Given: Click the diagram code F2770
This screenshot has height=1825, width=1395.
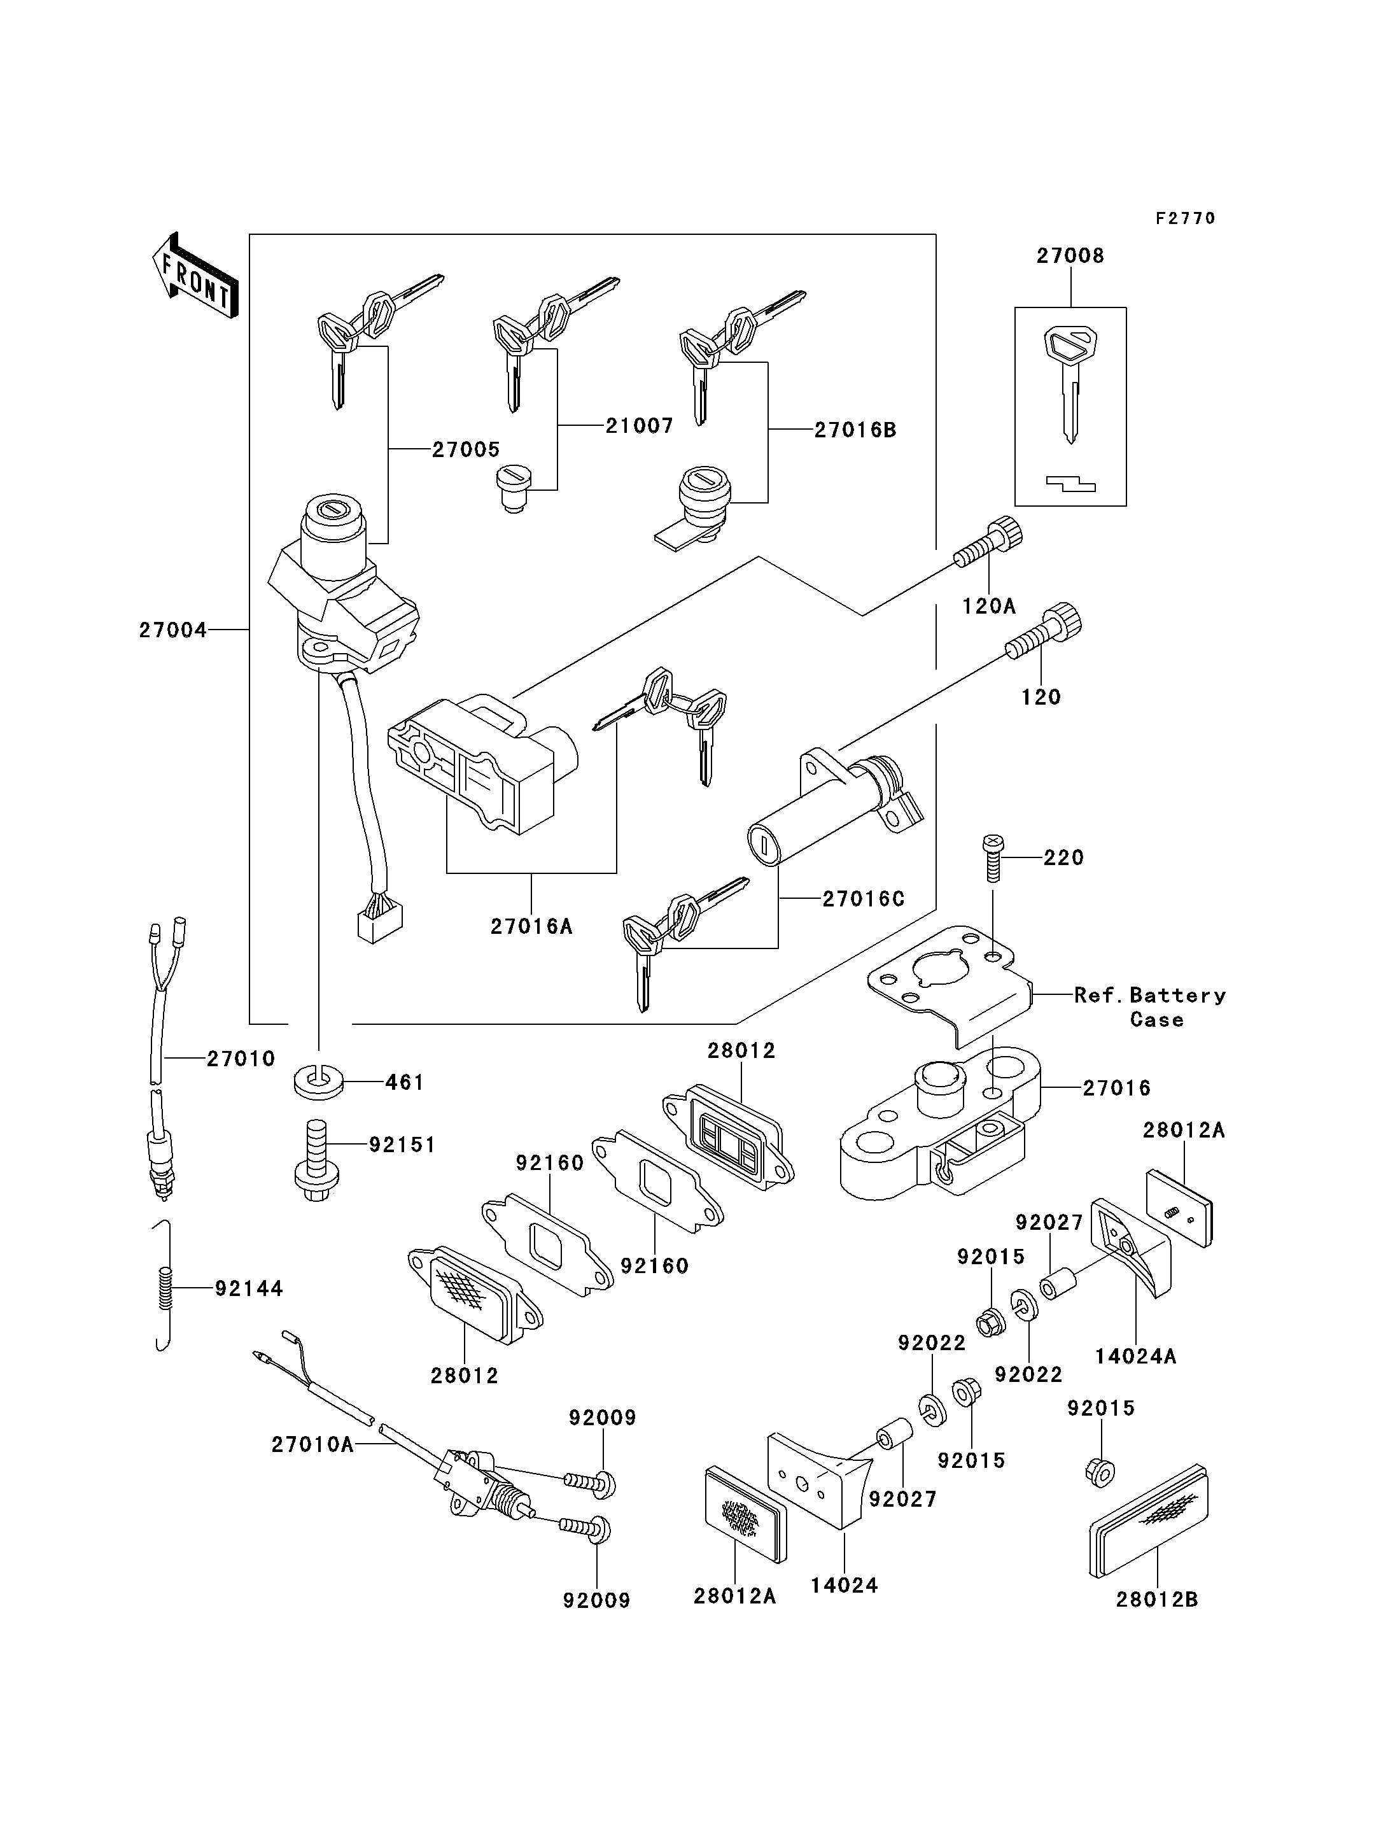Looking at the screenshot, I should click(x=1185, y=218).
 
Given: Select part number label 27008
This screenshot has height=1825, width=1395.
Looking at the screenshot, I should click(x=1070, y=256).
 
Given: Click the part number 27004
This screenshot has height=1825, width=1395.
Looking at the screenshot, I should click(x=172, y=630).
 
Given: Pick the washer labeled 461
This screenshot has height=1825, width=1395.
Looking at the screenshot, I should click(x=319, y=1083).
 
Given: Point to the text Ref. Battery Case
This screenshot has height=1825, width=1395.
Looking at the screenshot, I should click(x=1150, y=1007).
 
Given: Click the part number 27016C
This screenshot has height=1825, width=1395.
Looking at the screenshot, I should click(x=863, y=899).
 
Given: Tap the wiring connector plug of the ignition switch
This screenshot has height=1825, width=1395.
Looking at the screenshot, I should click(x=379, y=923).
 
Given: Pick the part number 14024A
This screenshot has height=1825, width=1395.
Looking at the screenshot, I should click(x=1135, y=1356).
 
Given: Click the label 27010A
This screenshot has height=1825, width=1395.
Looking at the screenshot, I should click(x=312, y=1444).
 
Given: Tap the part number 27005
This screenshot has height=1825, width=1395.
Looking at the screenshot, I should click(x=466, y=449).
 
